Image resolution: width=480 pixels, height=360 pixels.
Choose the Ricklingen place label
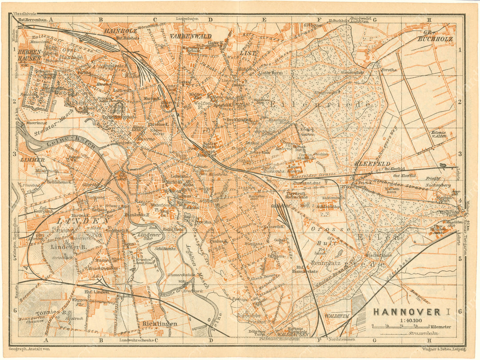coord(160,324)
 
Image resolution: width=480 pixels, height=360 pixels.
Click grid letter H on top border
coord(429,20)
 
